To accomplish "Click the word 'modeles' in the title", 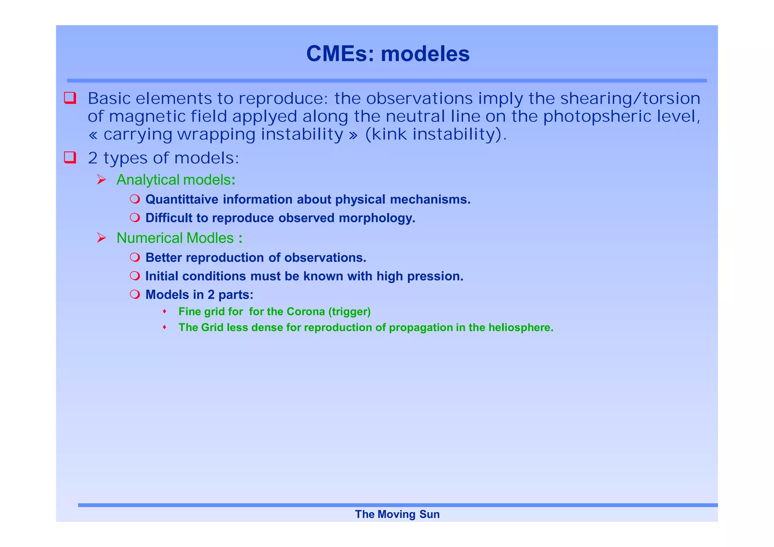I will pyautogui.click(x=425, y=54).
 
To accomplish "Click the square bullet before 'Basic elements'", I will pyautogui.click(x=70, y=98).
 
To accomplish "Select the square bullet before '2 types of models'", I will pyautogui.click(x=70, y=157).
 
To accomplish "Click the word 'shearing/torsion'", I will pyautogui.click(x=630, y=99).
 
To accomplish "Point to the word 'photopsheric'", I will pyautogui.click(x=598, y=117).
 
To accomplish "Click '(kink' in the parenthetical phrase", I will pyautogui.click(x=386, y=134).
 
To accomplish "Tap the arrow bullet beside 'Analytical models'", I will pyautogui.click(x=101, y=179).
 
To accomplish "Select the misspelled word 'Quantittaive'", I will pyautogui.click(x=181, y=199).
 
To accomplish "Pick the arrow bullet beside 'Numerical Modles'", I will pyautogui.click(x=101, y=238).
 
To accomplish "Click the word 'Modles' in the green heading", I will pyautogui.click(x=210, y=238).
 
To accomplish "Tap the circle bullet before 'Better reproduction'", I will pyautogui.click(x=135, y=257).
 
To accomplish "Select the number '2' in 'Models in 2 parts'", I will pyautogui.click(x=211, y=295).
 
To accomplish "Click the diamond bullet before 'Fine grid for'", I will pyautogui.click(x=164, y=311).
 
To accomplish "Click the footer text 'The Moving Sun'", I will pyautogui.click(x=397, y=514).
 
